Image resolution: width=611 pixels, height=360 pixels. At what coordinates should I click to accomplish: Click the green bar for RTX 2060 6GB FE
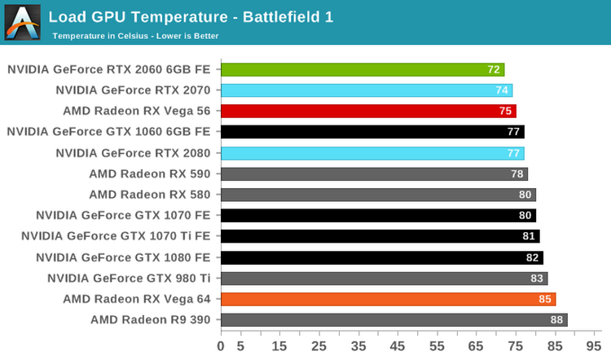pyautogui.click(x=363, y=70)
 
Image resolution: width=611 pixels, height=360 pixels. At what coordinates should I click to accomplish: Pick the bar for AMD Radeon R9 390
pyautogui.click(x=393, y=320)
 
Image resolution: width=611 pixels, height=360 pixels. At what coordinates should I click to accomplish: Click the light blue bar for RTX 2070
pyautogui.click(x=367, y=90)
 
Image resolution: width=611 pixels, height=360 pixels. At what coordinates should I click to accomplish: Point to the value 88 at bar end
pyautogui.click(x=557, y=320)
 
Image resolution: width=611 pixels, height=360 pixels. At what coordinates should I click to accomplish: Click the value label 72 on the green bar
pyautogui.click(x=494, y=70)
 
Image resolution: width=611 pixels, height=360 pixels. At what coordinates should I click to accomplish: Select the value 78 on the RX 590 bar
pyautogui.click(x=517, y=174)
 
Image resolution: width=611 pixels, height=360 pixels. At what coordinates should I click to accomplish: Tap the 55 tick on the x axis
pyautogui.click(x=438, y=346)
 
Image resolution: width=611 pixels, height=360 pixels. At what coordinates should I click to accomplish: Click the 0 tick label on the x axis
pyautogui.click(x=221, y=346)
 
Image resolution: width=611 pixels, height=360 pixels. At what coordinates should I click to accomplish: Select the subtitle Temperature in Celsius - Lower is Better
pyautogui.click(x=135, y=36)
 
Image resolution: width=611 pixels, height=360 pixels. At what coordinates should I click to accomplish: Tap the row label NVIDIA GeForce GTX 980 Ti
pyautogui.click(x=129, y=279)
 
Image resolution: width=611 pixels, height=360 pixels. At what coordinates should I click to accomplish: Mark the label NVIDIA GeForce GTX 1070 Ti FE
pyautogui.click(x=116, y=236)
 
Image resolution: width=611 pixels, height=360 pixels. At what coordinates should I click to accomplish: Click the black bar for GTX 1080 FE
pyautogui.click(x=381, y=257)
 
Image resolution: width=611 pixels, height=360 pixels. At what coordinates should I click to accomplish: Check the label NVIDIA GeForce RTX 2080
pyautogui.click(x=133, y=153)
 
